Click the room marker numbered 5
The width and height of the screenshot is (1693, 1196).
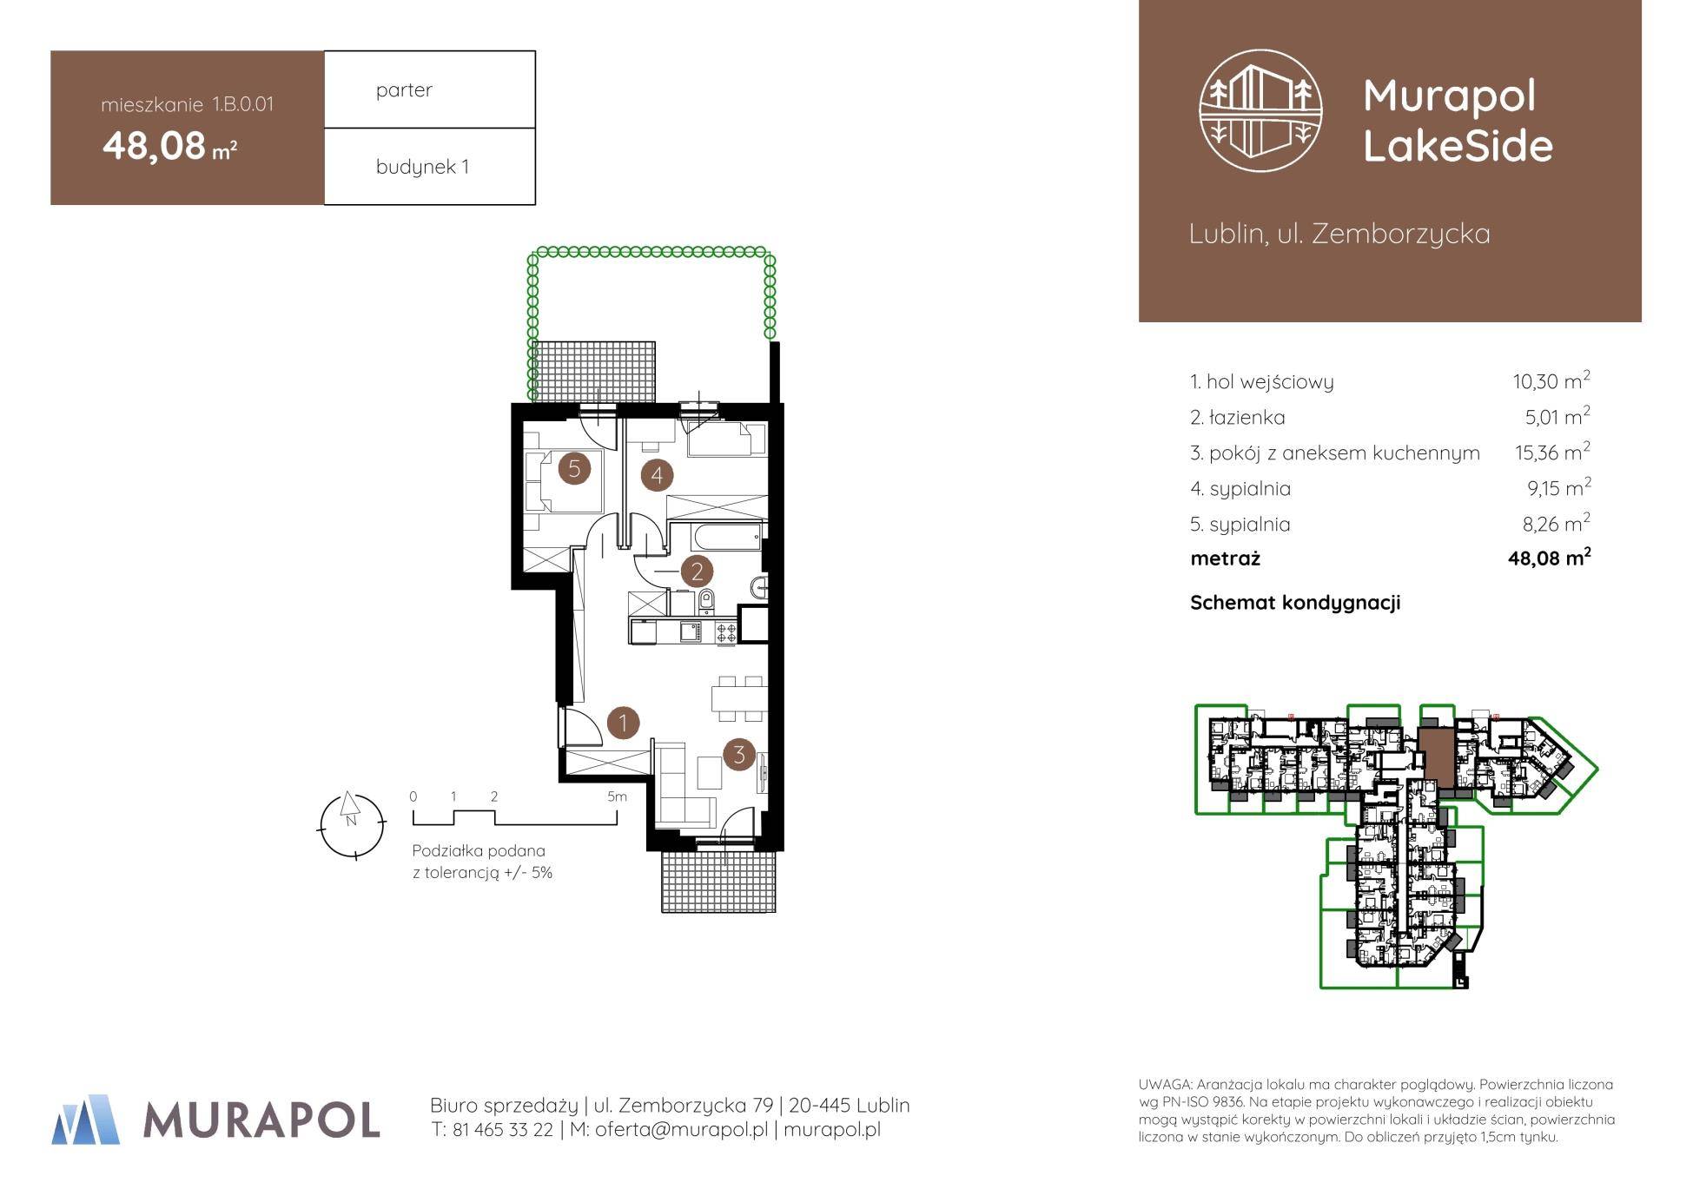click(573, 469)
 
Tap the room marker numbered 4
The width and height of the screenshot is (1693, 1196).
click(657, 475)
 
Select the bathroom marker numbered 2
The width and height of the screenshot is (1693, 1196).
click(697, 572)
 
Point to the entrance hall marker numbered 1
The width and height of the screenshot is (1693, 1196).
click(623, 723)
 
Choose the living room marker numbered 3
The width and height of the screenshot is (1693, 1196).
click(739, 754)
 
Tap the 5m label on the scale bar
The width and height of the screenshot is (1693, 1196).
click(616, 796)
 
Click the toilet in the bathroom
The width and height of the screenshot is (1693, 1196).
click(706, 598)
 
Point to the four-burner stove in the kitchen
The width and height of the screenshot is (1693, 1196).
click(725, 631)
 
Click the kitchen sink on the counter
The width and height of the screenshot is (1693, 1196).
click(690, 631)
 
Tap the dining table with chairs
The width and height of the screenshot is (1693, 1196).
click(738, 698)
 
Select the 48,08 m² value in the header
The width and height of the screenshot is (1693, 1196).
click(170, 146)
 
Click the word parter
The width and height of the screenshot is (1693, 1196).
click(404, 90)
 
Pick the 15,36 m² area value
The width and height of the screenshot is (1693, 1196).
click(1552, 452)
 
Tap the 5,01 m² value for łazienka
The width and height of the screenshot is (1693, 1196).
click(1557, 416)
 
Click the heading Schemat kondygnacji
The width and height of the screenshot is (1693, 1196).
click(1295, 603)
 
